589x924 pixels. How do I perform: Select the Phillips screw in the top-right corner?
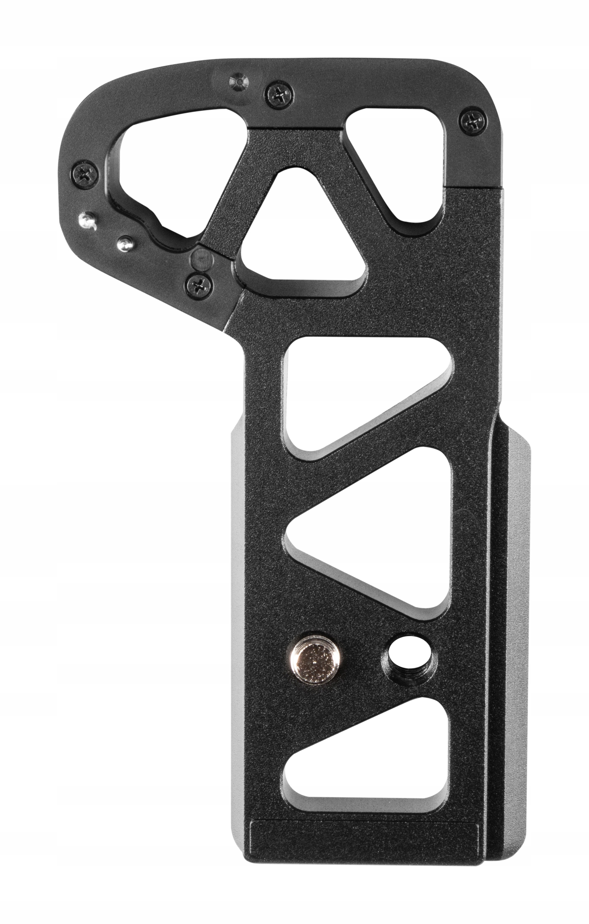point(474,123)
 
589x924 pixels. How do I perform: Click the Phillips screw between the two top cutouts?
point(279,93)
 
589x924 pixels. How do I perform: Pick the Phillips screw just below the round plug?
point(199,284)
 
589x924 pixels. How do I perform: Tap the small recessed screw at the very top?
point(238,82)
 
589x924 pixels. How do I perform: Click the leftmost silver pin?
point(87,220)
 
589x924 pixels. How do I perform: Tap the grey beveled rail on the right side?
point(516,652)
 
